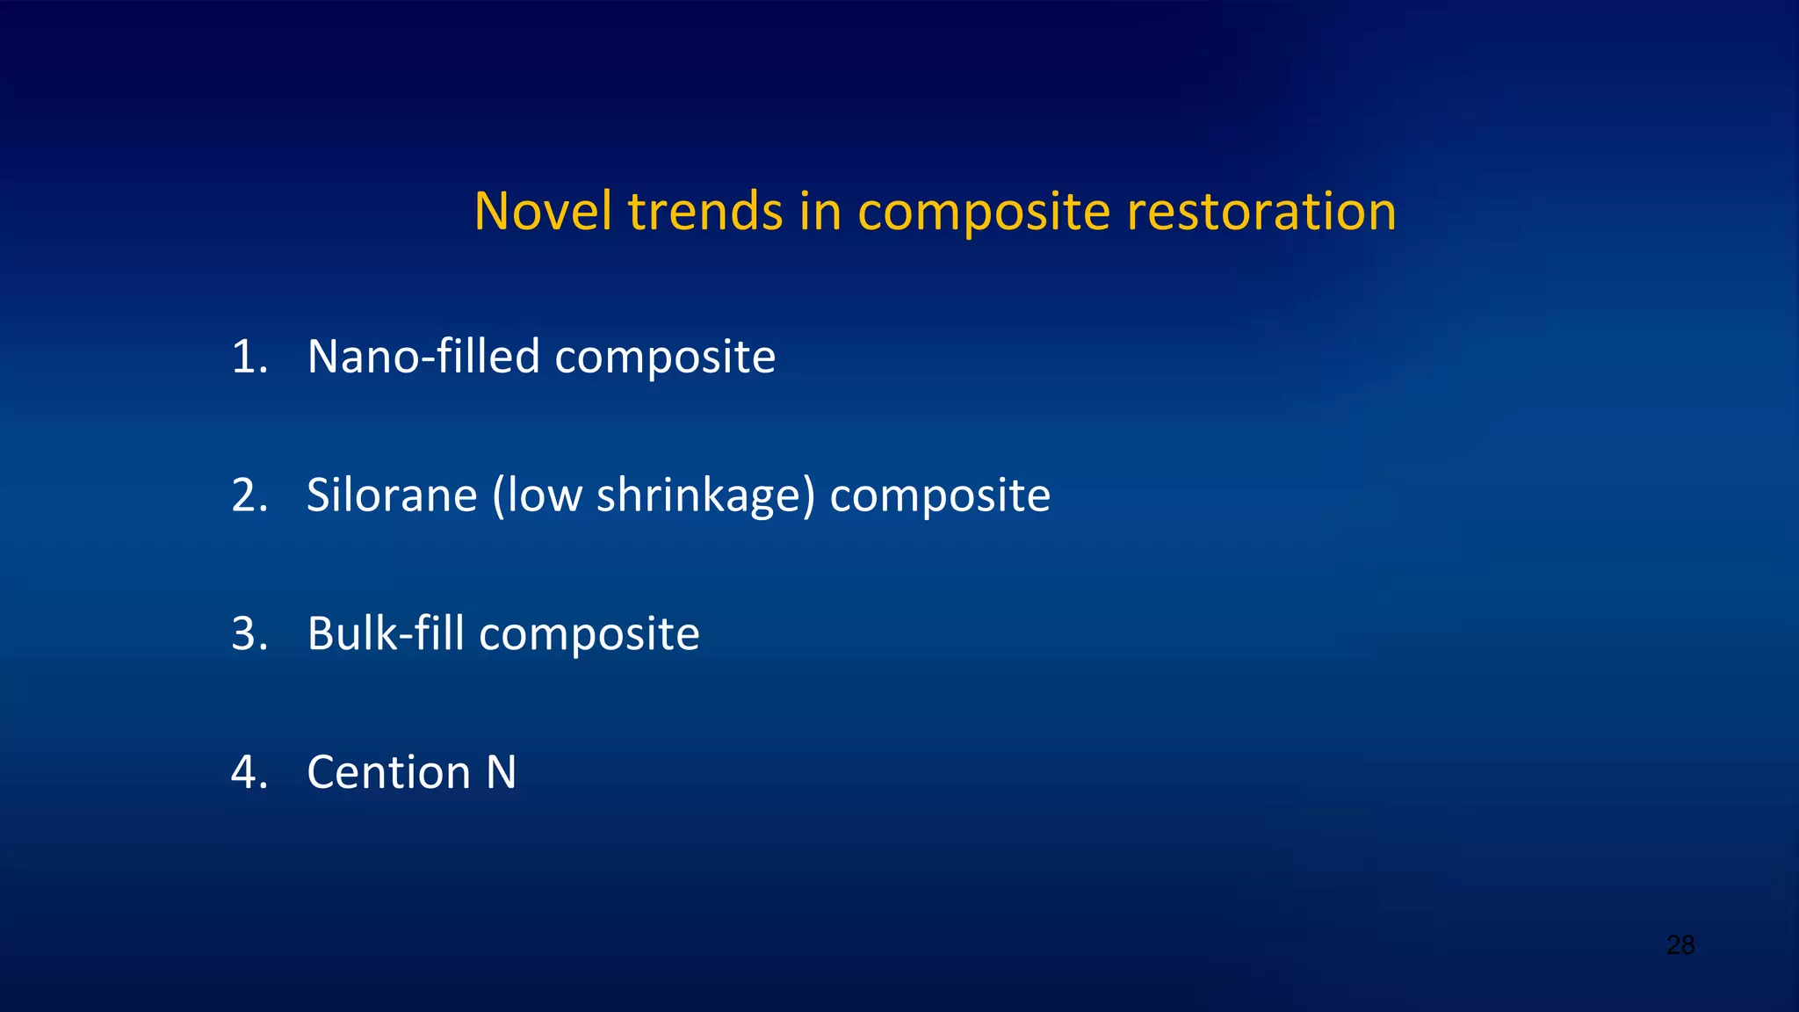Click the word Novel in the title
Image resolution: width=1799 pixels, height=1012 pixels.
(541, 212)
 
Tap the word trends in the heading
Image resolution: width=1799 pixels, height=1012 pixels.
(704, 212)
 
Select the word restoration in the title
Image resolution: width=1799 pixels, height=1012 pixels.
(1261, 212)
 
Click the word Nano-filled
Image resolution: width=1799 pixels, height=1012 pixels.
(423, 357)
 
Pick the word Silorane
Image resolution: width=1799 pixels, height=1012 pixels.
(392, 495)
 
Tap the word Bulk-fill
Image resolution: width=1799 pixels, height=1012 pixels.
(385, 634)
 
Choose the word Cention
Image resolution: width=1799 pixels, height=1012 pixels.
(388, 773)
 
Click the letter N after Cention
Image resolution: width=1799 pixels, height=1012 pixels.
(501, 773)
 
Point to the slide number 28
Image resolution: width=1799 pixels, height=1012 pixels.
(1680, 945)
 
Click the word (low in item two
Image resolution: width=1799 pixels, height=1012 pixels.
(537, 495)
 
